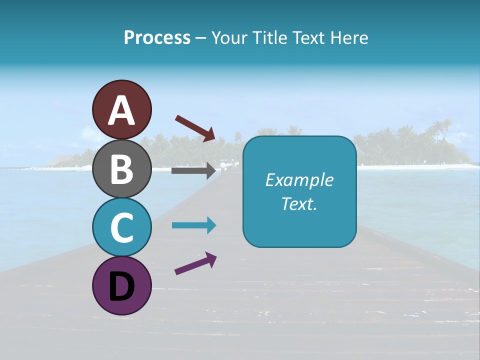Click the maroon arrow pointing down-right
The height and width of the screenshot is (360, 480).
point(195,128)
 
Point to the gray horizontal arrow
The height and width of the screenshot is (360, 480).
point(193,170)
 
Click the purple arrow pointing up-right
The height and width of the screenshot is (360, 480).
point(195,263)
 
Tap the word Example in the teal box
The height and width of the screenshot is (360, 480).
point(299,180)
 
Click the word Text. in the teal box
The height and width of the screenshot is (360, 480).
point(299,203)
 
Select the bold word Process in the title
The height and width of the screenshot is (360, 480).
point(157,37)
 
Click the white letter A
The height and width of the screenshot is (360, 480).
point(121,110)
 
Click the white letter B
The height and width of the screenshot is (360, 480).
point(121,169)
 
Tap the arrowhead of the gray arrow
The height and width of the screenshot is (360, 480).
point(210,170)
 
